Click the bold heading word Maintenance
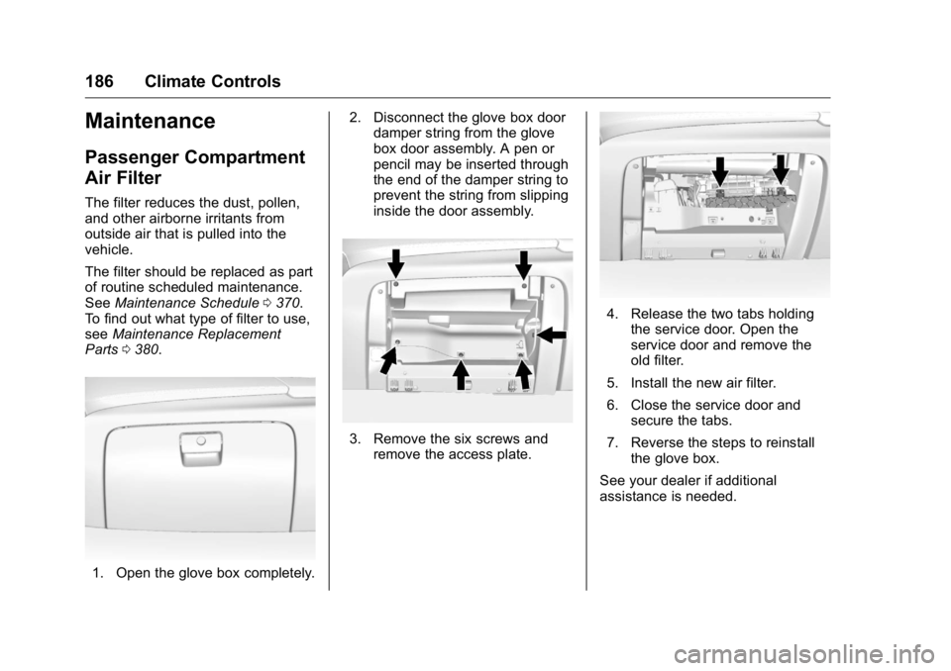[x=150, y=122]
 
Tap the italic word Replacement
[x=240, y=334]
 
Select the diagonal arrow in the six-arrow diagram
[x=388, y=358]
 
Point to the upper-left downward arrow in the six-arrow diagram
[x=395, y=264]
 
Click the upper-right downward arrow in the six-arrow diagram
[x=523, y=264]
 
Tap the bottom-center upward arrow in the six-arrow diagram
[x=460, y=374]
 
